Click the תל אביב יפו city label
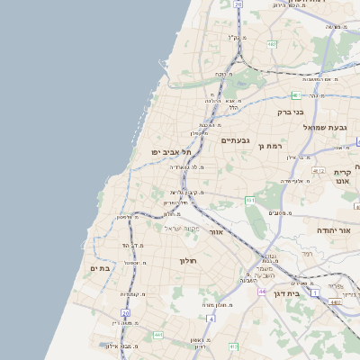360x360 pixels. [x=170, y=153]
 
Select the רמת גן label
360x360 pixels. [x=270, y=146]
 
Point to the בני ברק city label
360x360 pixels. [x=292, y=113]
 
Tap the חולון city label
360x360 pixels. [x=188, y=261]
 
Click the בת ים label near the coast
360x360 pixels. [x=100, y=268]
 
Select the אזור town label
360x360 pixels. [x=215, y=232]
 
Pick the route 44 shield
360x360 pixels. [x=260, y=292]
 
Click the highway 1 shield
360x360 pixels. [x=314, y=292]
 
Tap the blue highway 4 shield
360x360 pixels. [x=211, y=318]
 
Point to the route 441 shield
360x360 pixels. [x=158, y=335]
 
